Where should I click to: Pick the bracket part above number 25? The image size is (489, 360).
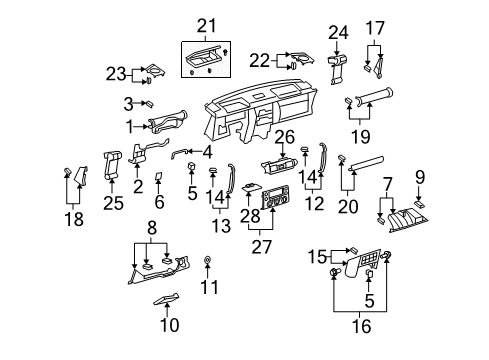(x=113, y=161)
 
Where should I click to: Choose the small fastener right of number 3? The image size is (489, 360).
(x=149, y=103)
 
